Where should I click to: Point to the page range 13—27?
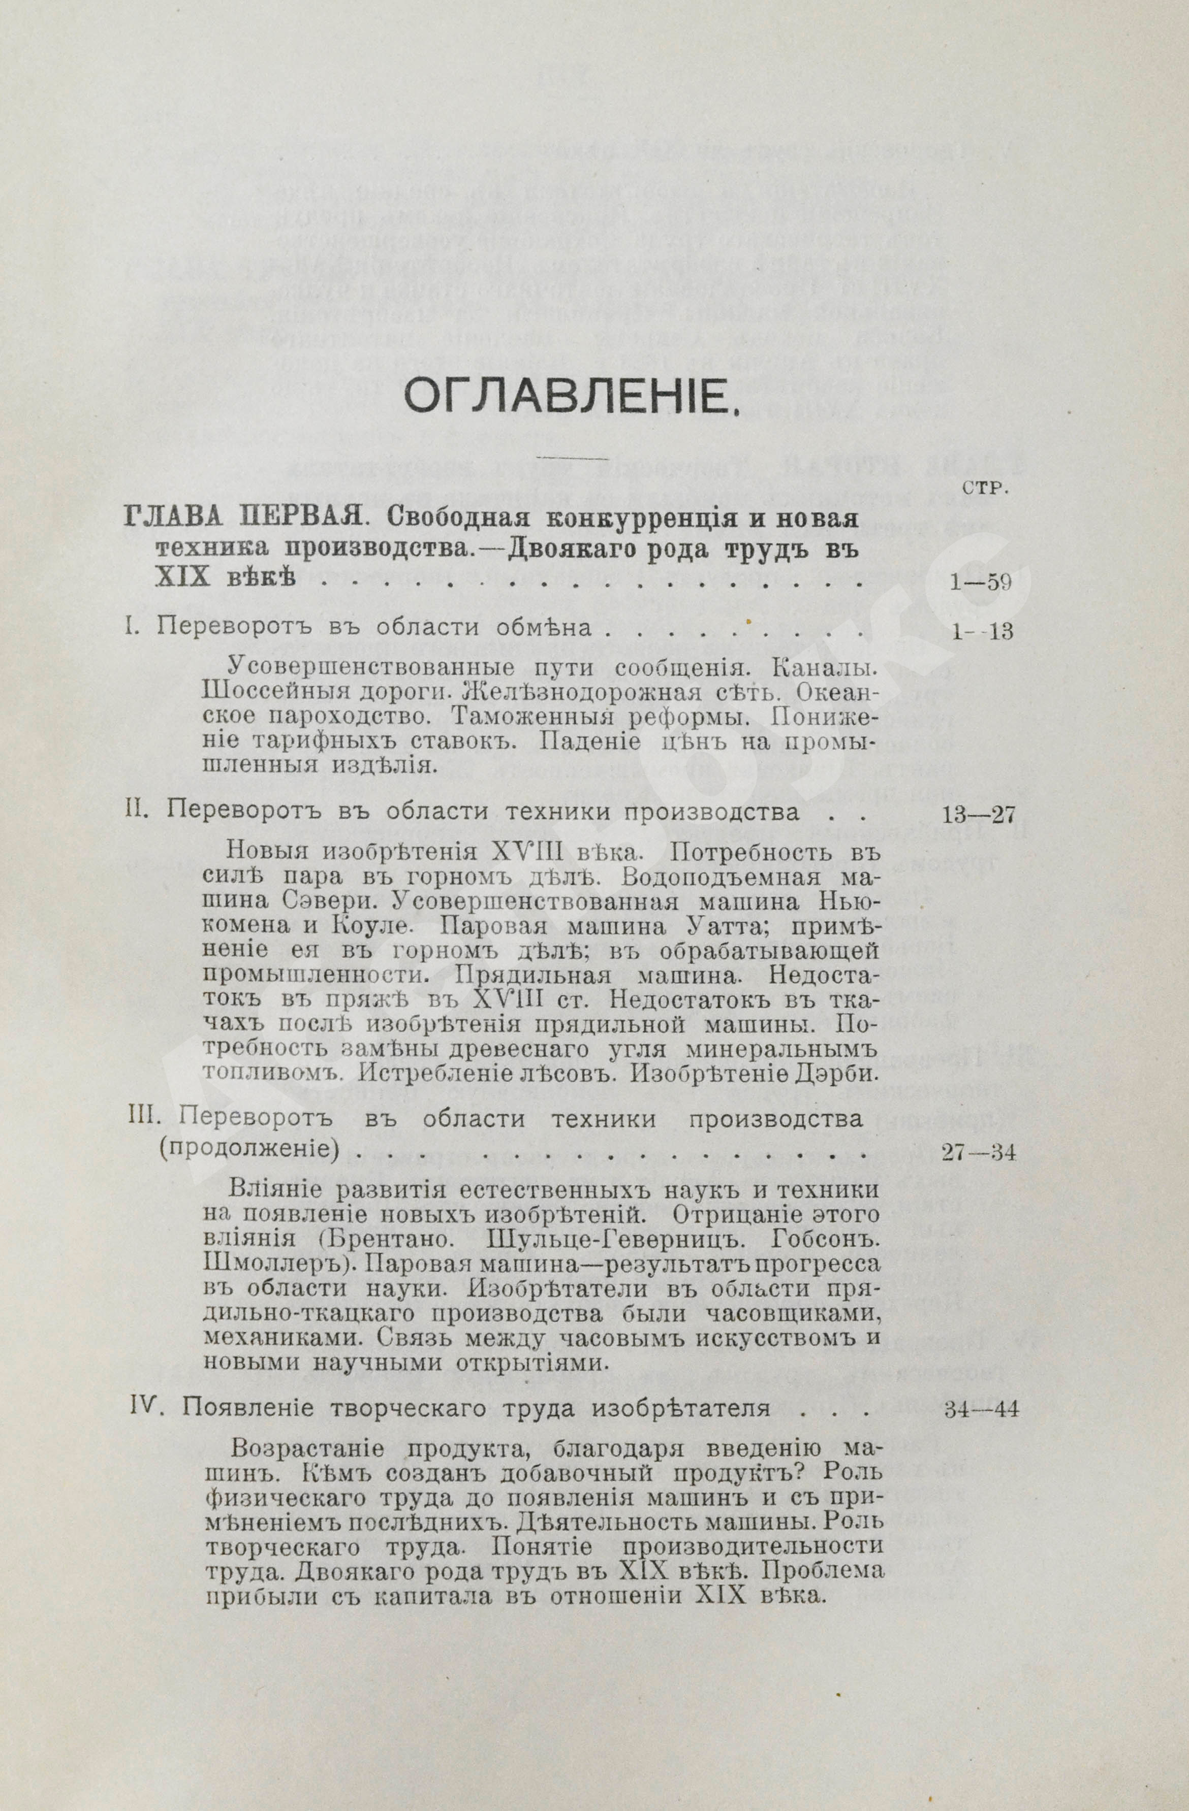pos(978,814)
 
